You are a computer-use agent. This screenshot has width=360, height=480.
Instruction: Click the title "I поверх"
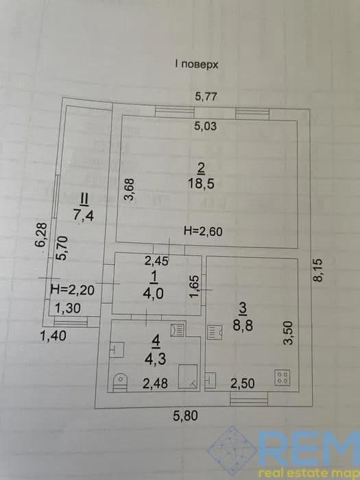tap(197, 65)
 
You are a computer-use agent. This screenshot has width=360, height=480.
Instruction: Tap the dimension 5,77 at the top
tap(206, 97)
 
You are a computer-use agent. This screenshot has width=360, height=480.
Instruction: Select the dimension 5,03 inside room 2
tap(206, 126)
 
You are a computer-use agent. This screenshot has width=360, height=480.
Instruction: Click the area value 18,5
tap(202, 184)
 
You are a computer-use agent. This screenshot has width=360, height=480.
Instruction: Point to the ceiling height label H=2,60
tap(203, 231)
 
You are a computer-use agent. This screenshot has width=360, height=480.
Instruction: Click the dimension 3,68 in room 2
tap(130, 189)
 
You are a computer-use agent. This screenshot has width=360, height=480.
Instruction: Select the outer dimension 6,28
tap(41, 235)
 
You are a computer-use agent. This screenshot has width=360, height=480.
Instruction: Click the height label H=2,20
tap(72, 289)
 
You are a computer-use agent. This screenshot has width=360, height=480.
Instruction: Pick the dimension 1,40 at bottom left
tap(53, 336)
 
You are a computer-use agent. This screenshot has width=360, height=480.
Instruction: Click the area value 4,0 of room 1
tap(153, 294)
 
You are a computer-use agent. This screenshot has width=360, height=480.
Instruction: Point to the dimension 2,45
tap(156, 261)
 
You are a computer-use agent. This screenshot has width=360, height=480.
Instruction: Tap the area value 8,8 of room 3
tap(243, 326)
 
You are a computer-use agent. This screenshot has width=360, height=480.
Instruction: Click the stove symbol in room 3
tap(283, 377)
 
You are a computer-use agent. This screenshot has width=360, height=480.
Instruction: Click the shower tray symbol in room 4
tap(188, 376)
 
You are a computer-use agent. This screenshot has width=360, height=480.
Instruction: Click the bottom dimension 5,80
tap(186, 416)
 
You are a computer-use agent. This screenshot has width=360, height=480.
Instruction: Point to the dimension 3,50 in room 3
tap(288, 333)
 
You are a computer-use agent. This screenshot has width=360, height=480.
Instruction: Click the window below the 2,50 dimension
tap(249, 399)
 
